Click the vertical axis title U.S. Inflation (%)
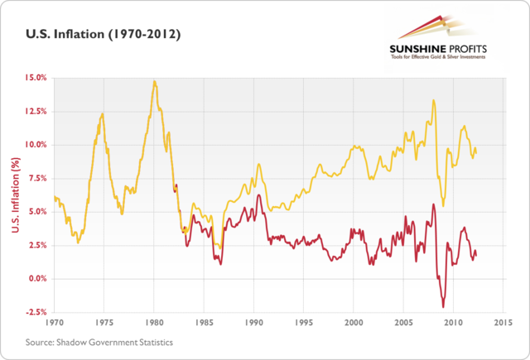[14, 195]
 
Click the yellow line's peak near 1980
[154, 81]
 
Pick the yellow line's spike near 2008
[433, 101]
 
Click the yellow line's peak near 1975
[102, 113]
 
